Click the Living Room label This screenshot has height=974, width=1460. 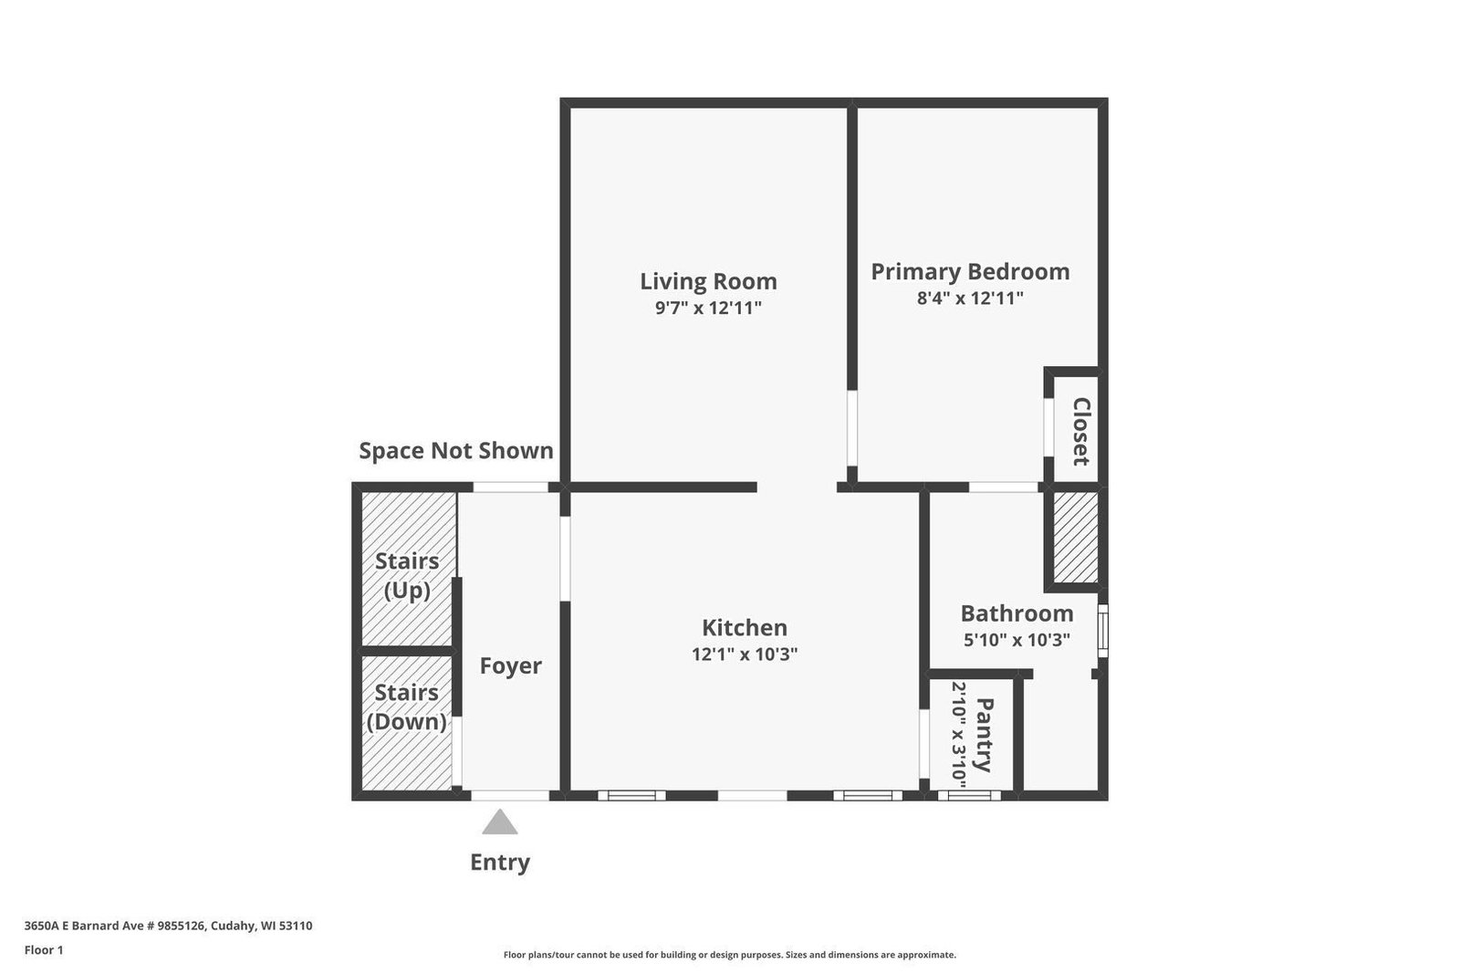coord(708,282)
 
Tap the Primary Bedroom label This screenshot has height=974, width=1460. coord(971,272)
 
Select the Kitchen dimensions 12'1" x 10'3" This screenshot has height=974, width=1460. coord(745,654)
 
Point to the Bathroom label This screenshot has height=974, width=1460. coord(1017,613)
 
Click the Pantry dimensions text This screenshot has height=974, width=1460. coord(959,731)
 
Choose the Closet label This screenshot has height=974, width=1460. coord(1081,432)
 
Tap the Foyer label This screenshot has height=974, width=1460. coord(510,665)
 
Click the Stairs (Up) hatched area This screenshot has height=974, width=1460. coord(408,569)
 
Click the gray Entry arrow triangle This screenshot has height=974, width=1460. coord(500,822)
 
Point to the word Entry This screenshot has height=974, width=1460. coord(500,863)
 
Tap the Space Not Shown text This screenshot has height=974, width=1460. coord(456,451)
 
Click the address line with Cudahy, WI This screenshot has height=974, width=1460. coord(168,926)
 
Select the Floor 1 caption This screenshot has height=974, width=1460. coord(44,950)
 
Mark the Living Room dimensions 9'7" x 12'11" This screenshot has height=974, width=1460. coord(708,308)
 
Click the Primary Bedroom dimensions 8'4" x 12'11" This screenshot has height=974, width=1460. coord(971,298)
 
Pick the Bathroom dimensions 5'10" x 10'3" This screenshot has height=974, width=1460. coord(1017,640)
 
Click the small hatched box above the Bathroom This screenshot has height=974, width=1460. coord(1076,537)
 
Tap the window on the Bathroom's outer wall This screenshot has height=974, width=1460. coord(1103,631)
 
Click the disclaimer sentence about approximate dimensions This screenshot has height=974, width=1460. coord(729,955)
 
